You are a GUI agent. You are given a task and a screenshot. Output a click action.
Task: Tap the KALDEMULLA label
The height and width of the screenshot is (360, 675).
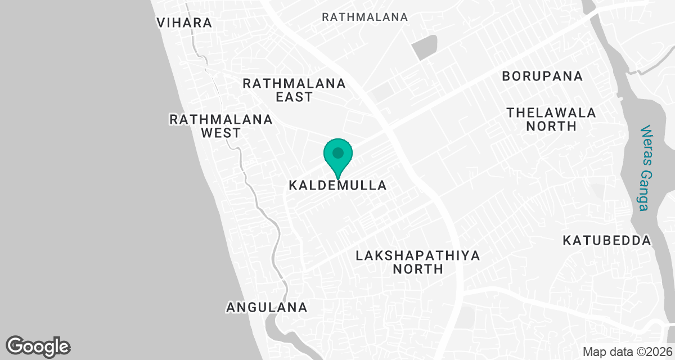[x=337, y=185]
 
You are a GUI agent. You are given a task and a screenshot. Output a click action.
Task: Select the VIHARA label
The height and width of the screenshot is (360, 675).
[x=184, y=23]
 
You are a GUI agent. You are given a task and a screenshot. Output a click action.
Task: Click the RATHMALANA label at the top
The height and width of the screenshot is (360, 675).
[x=364, y=17]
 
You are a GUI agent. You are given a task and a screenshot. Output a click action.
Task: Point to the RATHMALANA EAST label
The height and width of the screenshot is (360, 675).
[x=294, y=90]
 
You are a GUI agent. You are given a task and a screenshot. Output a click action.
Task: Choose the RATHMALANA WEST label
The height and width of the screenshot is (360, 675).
[x=221, y=126]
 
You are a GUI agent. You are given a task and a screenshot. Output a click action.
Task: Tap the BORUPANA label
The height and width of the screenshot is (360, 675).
[x=542, y=76]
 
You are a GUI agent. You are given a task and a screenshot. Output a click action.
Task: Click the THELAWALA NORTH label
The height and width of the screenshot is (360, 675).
[x=551, y=119]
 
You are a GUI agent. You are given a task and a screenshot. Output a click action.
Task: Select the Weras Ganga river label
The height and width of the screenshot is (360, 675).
[x=645, y=168]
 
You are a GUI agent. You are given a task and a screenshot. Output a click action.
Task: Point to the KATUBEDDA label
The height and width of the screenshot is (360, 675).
[x=607, y=241]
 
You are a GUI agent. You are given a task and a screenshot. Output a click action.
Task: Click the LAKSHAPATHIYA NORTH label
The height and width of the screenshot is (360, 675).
[x=418, y=262]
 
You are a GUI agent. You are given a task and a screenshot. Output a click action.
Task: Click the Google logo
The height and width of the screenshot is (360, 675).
[x=38, y=346]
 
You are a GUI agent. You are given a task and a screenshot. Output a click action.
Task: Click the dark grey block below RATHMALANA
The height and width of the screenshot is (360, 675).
[x=424, y=47]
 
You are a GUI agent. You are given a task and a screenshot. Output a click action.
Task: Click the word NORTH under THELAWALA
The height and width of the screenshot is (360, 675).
[x=551, y=127]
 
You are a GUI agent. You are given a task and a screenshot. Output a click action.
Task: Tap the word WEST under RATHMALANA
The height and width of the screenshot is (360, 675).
[x=221, y=133]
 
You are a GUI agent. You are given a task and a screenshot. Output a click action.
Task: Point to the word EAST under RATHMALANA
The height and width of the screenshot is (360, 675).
[x=294, y=97]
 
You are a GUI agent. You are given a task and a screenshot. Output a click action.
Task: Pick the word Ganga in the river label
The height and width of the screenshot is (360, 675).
[x=645, y=190]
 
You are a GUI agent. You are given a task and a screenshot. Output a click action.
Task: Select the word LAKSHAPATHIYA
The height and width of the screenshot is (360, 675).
[x=418, y=256]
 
